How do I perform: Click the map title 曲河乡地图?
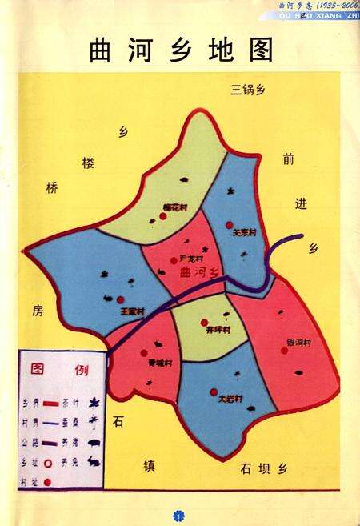[181, 50]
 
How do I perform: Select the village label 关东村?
[243, 234]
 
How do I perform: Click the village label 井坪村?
[217, 330]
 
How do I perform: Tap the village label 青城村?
[160, 363]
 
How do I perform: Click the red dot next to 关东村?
[230, 225]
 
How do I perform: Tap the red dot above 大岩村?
[212, 391]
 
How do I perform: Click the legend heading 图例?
[59, 370]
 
